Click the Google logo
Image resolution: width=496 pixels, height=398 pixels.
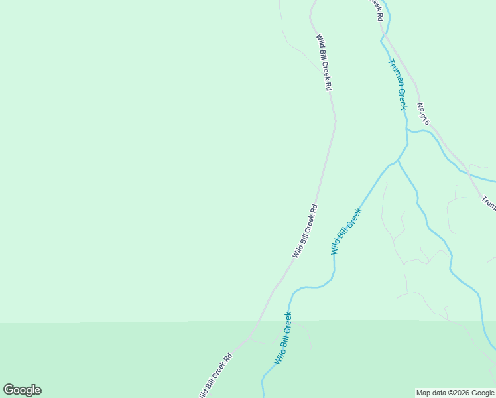[x=22, y=390]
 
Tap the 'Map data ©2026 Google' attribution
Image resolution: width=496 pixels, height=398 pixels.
[x=456, y=393]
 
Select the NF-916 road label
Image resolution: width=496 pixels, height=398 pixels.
[x=424, y=114]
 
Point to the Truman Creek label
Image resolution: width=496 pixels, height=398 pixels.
[x=397, y=84]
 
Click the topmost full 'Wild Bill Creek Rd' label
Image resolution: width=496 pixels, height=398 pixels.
[x=324, y=62]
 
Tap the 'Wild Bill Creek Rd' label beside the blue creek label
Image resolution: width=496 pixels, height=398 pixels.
[x=306, y=231]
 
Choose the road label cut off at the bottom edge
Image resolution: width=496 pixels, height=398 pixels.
[x=216, y=375]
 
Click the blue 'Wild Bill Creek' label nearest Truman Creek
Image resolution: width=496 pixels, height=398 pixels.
[x=346, y=232]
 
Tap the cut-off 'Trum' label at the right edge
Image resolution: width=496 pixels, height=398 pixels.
[x=489, y=202]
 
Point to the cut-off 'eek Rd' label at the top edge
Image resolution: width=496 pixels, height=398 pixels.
[x=376, y=9]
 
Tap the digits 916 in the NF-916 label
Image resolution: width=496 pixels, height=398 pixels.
[x=426, y=119]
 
